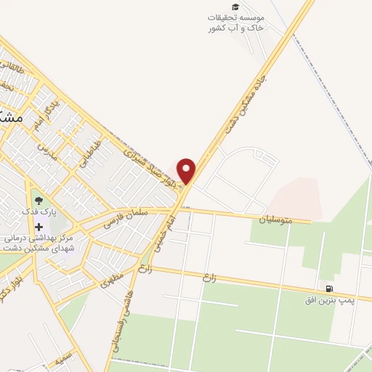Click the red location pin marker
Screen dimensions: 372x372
(x=187, y=170)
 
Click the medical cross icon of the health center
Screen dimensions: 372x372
(x=39, y=227)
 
